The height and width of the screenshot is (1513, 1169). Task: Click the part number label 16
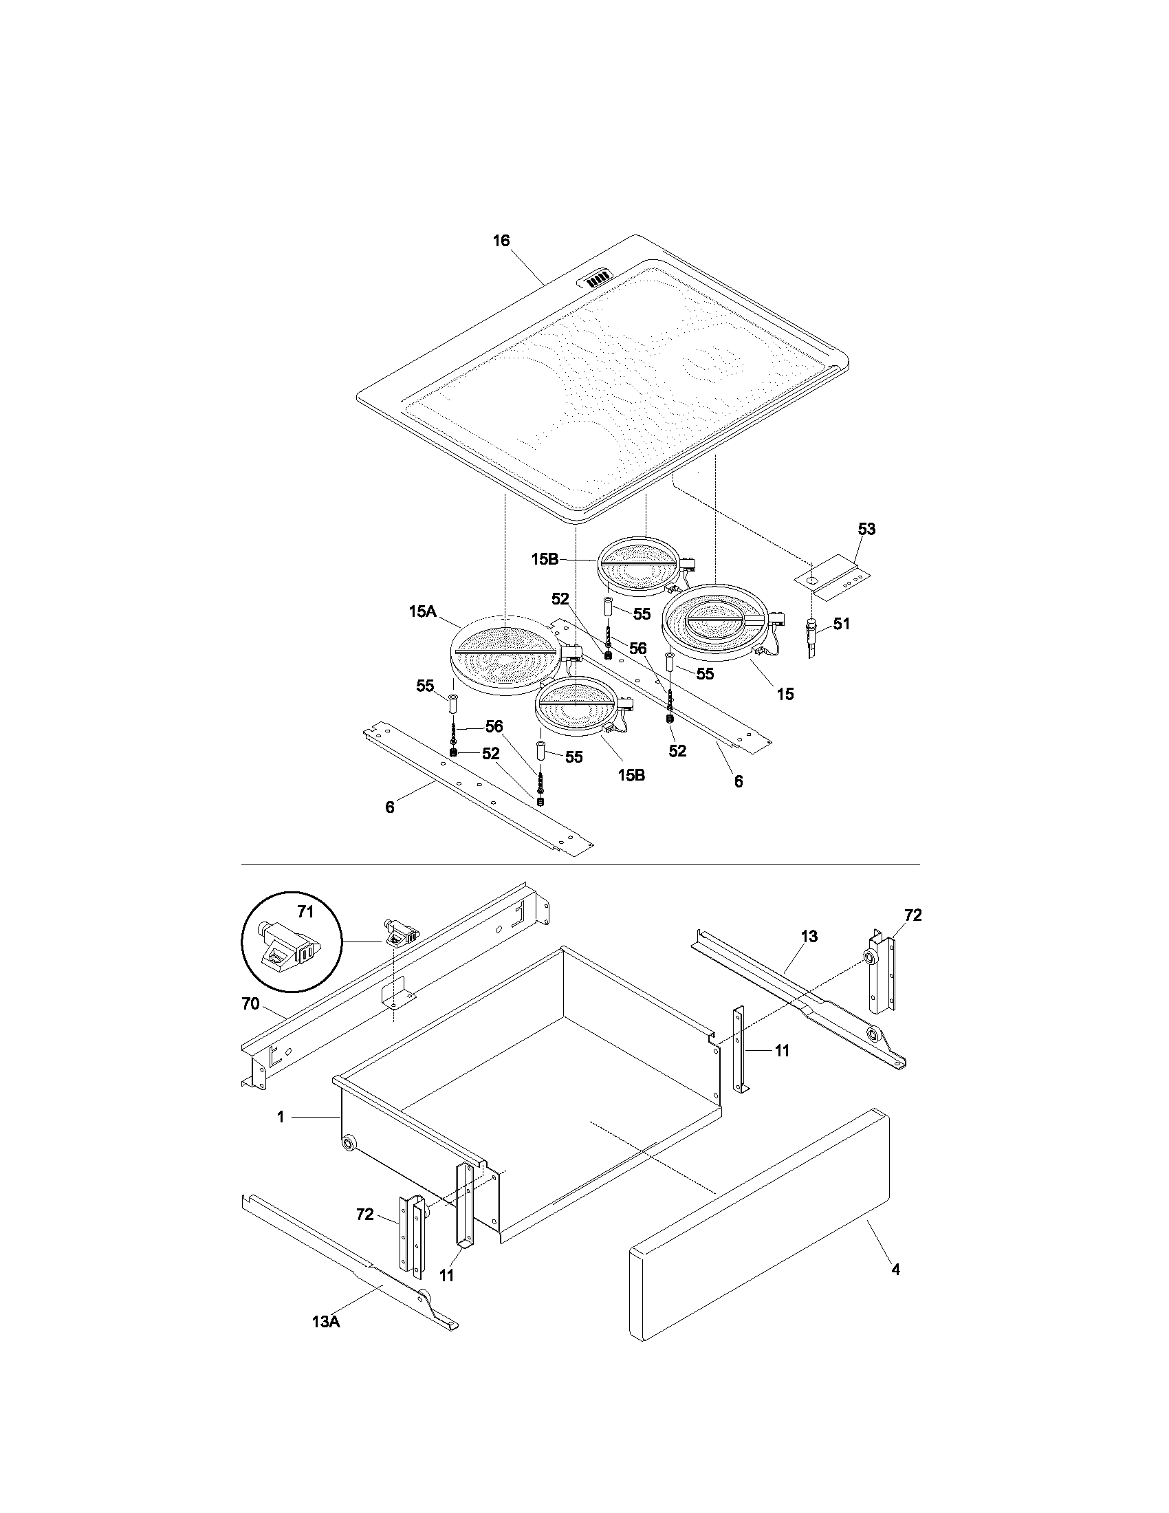501,241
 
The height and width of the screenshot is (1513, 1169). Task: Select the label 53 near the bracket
866,530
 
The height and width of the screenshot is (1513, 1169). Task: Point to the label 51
841,624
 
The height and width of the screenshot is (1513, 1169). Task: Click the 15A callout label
422,611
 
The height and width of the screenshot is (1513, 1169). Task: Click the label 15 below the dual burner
785,694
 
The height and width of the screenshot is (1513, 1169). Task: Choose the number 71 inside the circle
305,913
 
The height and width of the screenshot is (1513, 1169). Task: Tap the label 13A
325,1322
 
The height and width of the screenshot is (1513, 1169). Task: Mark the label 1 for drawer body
281,1117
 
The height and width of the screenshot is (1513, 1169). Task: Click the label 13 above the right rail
809,937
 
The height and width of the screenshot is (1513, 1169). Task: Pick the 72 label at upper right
913,915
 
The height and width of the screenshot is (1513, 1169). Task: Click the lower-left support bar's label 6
390,807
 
